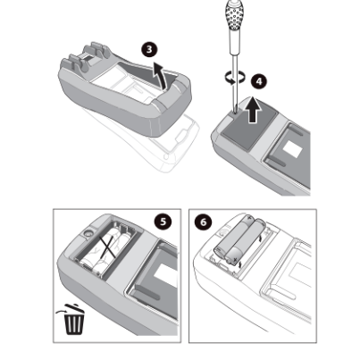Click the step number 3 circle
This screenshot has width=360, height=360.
(149, 49)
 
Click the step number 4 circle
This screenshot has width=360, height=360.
(259, 81)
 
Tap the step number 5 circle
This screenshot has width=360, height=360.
(163, 222)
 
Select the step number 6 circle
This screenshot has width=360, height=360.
(204, 222)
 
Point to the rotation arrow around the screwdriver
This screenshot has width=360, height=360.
(235, 77)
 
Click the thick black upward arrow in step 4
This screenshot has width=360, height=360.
(253, 110)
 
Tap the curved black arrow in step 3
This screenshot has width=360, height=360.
(160, 75)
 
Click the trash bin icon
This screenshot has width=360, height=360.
(74, 319)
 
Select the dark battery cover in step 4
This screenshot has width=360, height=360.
(249, 124)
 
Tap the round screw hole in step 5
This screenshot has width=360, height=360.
(88, 233)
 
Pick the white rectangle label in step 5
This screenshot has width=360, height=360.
(165, 275)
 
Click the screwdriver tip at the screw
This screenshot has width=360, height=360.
(235, 110)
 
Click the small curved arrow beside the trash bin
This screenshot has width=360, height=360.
(61, 312)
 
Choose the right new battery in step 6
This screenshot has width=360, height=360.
(245, 242)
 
